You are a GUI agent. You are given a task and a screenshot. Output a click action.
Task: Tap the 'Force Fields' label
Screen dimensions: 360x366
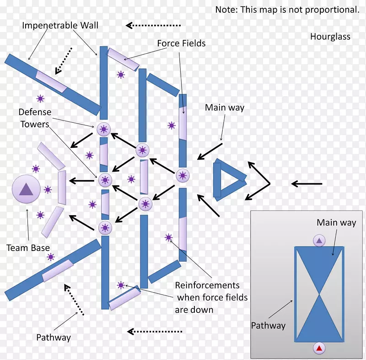point(181,44)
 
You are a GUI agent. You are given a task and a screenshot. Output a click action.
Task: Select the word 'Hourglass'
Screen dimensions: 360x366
point(330,37)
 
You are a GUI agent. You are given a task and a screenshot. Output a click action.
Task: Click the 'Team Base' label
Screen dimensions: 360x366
point(28,248)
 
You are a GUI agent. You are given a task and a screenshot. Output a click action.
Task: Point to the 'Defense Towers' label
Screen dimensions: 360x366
point(35,118)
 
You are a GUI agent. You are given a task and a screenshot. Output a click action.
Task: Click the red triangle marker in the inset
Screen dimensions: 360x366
point(319,349)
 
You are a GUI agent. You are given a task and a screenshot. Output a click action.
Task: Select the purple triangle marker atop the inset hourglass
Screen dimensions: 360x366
point(319,240)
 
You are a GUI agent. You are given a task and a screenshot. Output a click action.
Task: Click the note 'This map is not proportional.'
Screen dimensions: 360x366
point(287,10)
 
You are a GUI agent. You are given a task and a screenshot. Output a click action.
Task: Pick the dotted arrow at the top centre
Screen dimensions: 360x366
point(153,26)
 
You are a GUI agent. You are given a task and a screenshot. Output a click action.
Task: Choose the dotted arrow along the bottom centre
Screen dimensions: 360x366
point(154,331)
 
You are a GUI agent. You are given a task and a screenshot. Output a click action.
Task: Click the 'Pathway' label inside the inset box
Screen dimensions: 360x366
point(268,326)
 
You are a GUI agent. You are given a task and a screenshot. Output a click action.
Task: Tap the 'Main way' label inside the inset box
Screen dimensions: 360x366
point(336,223)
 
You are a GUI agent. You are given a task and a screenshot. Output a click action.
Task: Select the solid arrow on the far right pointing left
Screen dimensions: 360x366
point(307,184)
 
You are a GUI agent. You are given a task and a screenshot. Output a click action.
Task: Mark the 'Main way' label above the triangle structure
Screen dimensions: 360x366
point(224,108)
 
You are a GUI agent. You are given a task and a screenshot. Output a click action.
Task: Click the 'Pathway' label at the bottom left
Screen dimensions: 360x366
point(54,338)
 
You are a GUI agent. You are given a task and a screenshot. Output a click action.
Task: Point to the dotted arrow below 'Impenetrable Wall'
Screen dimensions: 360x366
point(63,60)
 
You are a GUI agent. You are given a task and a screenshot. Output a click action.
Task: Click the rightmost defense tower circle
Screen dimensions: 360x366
point(182,175)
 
